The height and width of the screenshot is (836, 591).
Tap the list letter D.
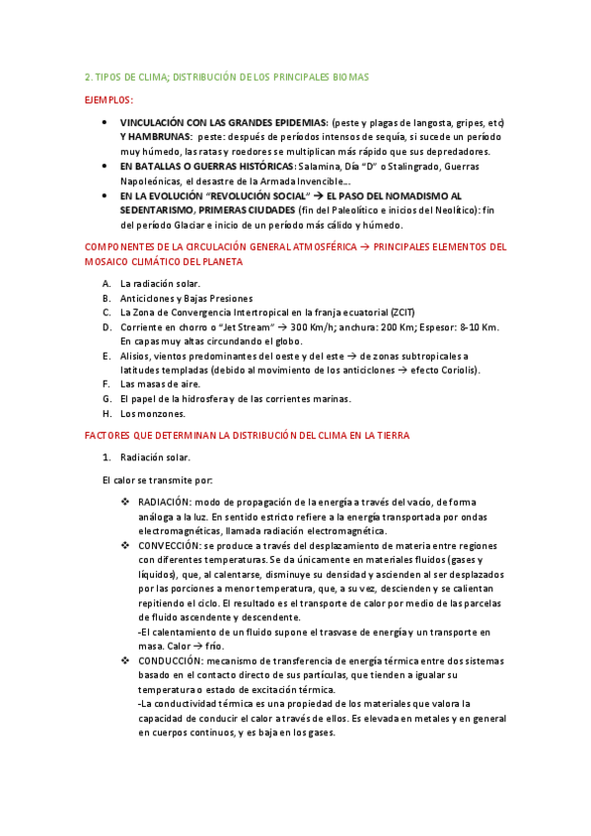click(106, 326)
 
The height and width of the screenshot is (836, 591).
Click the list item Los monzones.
click(152, 413)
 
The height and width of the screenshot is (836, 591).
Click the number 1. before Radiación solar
click(108, 457)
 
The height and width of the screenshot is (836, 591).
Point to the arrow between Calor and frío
click(186, 646)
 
